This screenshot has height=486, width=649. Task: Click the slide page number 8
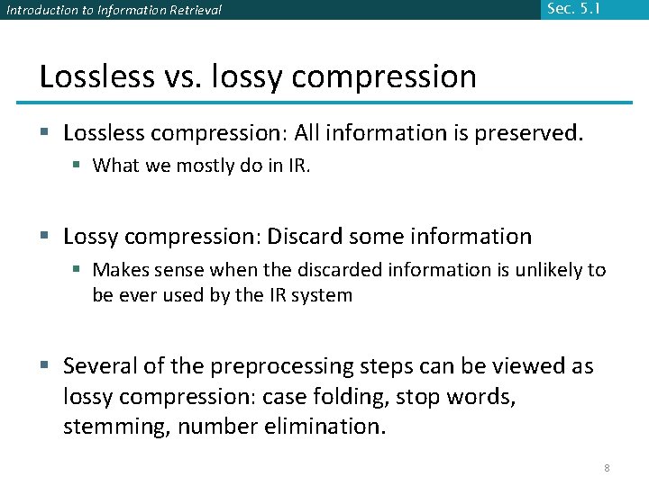[607, 468]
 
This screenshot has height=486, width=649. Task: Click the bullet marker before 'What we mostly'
[80, 166]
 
